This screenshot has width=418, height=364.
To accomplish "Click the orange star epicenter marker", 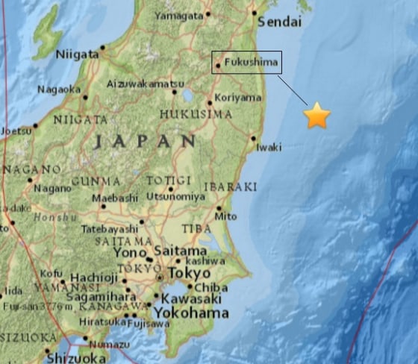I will point(317,116).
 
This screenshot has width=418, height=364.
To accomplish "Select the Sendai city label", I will point(280,22).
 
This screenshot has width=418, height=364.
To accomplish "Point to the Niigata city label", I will point(77,54).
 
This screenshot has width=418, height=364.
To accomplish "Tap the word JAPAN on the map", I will point(146,141).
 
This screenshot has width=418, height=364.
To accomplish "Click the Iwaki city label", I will point(269,147).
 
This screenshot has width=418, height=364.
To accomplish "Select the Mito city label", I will point(225,217).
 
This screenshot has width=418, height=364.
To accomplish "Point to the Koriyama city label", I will point(238,98).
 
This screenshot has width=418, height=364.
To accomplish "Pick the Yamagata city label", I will point(179,14).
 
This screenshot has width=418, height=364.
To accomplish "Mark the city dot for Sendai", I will point(255,13).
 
